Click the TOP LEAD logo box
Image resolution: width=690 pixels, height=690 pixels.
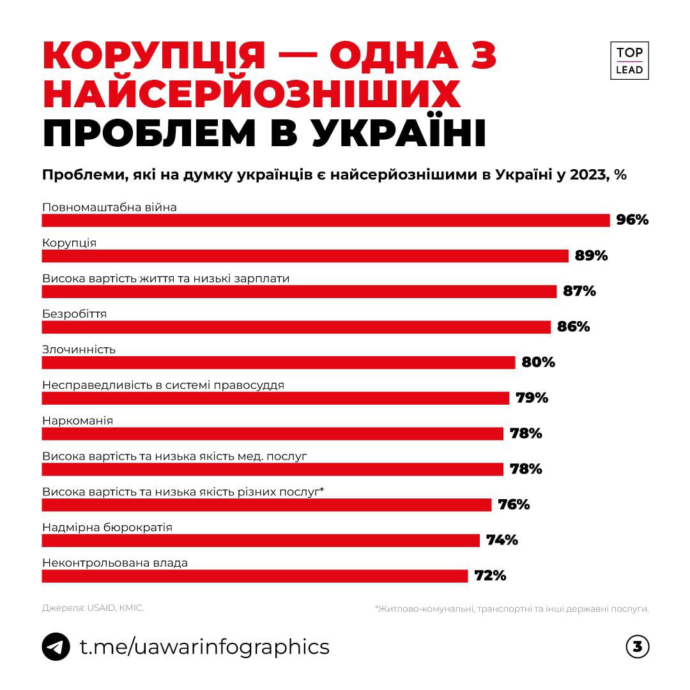[629, 61]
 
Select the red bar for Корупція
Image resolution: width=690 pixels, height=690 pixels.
[305, 256]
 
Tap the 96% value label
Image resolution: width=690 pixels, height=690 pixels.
[632, 220]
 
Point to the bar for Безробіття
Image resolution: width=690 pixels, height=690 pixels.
[296, 327]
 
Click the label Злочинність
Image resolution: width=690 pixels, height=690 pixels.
[79, 349]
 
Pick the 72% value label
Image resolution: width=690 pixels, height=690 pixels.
[490, 576]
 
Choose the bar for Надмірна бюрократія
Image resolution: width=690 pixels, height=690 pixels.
[261, 541]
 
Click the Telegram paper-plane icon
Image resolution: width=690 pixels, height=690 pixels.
[56, 647]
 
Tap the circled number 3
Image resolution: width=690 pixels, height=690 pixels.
[637, 647]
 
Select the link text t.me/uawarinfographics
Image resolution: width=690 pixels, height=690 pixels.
[204, 647]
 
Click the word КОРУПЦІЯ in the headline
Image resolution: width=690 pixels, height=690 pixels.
[154, 57]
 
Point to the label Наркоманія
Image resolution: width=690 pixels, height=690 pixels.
[77, 421]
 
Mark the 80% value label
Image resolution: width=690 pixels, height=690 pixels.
[538, 363]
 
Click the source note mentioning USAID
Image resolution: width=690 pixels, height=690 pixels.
[93, 608]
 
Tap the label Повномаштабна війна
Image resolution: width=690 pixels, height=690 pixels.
[109, 207]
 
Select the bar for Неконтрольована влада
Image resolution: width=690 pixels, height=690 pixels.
[255, 576]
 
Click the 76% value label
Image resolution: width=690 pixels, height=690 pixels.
[514, 505]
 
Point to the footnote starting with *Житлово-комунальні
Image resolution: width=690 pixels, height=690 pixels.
[512, 609]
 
